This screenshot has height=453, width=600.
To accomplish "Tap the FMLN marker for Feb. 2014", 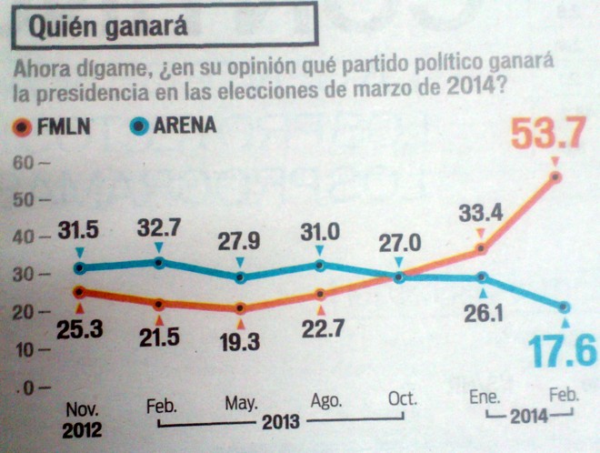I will [x=555, y=176].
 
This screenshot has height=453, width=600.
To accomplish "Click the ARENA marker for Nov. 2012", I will [x=79, y=267].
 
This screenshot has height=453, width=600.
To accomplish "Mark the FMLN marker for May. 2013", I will [x=240, y=308].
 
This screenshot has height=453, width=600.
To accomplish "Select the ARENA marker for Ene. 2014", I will [x=482, y=277].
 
